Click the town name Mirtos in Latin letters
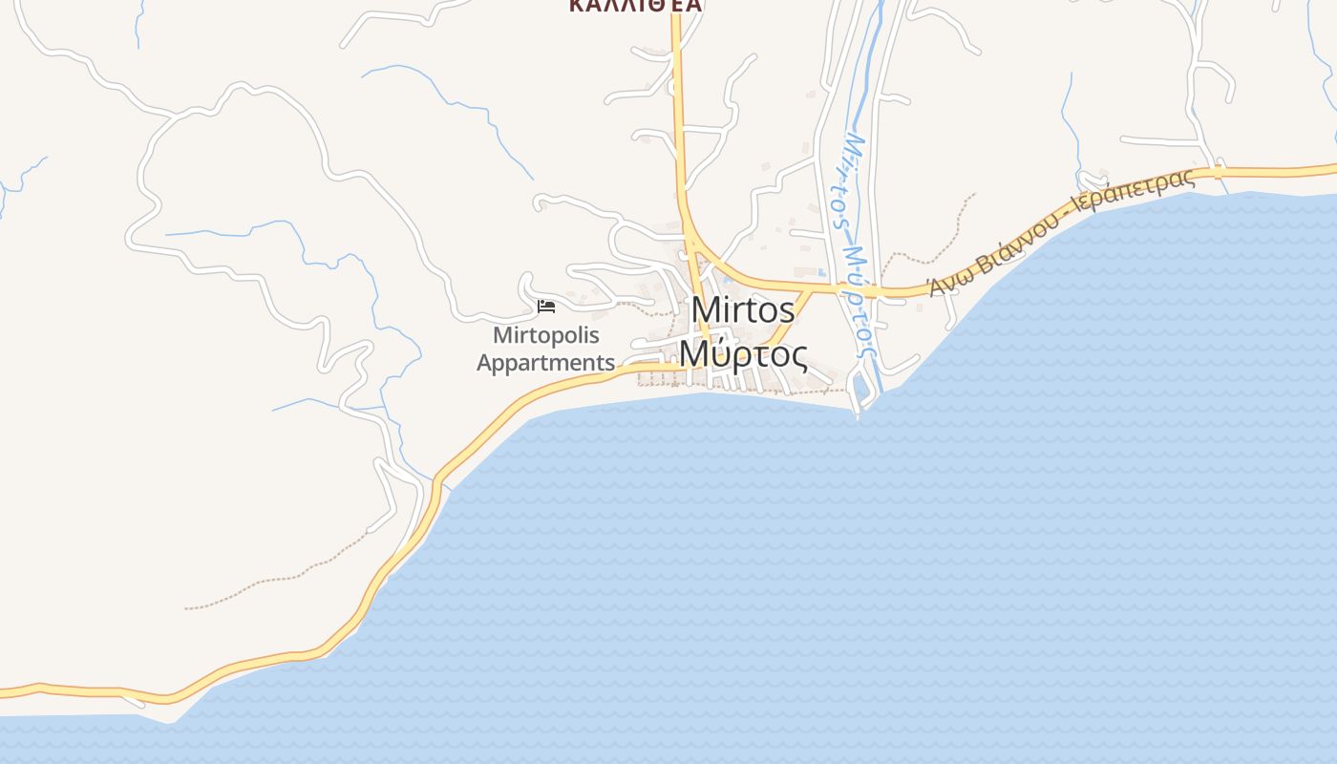click(x=743, y=309)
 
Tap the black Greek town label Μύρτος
click(x=744, y=355)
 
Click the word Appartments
click(x=546, y=363)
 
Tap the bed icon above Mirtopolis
click(x=546, y=306)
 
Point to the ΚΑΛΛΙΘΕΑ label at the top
click(x=635, y=6)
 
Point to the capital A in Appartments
click(x=485, y=363)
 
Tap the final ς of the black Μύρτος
click(x=797, y=357)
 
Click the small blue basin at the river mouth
click(x=862, y=387)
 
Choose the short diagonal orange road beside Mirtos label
click(x=793, y=320)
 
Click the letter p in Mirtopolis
click(x=557, y=337)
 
